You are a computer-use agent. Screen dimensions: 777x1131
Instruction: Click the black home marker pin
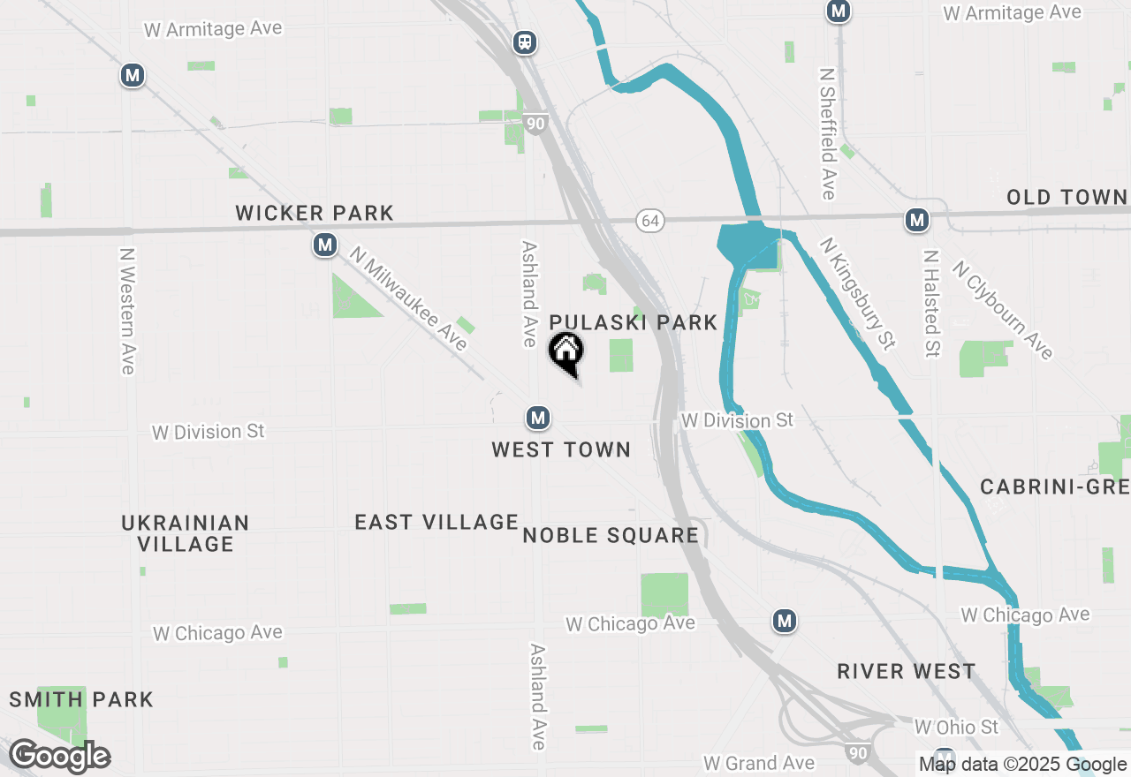tap(566, 352)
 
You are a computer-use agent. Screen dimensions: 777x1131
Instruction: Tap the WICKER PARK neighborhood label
tap(315, 213)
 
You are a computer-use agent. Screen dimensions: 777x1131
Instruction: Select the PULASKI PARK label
tap(634, 322)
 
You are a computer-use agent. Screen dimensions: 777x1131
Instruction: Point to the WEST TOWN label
tap(561, 449)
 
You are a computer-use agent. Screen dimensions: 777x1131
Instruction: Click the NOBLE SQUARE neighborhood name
tap(611, 535)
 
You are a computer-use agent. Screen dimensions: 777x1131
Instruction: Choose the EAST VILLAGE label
tap(436, 522)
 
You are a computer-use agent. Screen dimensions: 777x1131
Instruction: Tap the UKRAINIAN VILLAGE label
tap(186, 533)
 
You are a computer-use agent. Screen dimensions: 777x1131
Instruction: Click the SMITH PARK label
tap(81, 700)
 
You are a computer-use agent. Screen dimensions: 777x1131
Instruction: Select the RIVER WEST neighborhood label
tap(907, 671)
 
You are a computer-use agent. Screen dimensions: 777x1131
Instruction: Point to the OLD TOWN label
tap(1066, 197)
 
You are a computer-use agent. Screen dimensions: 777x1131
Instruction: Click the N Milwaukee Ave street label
tap(407, 298)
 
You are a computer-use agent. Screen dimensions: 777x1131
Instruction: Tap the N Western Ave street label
tap(127, 310)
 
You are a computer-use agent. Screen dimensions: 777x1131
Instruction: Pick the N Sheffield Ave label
tap(828, 134)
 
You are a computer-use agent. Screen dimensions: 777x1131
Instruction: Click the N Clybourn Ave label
tap(1002, 309)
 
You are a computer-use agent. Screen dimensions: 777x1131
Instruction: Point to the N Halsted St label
tap(930, 303)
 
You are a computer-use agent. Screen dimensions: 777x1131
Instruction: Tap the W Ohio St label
tap(956, 727)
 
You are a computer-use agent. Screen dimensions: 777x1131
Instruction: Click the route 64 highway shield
tap(650, 221)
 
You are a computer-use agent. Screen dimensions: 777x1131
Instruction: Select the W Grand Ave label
tap(758, 762)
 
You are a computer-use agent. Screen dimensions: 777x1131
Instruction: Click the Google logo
tap(59, 757)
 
